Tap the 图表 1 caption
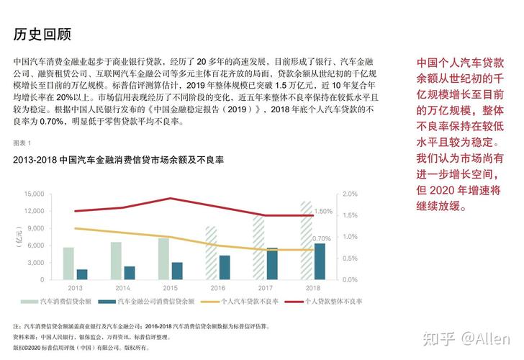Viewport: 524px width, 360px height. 24,143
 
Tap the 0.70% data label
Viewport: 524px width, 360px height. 322,238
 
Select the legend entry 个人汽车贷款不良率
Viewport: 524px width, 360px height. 244,302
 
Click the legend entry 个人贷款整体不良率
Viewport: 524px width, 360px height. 330,302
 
